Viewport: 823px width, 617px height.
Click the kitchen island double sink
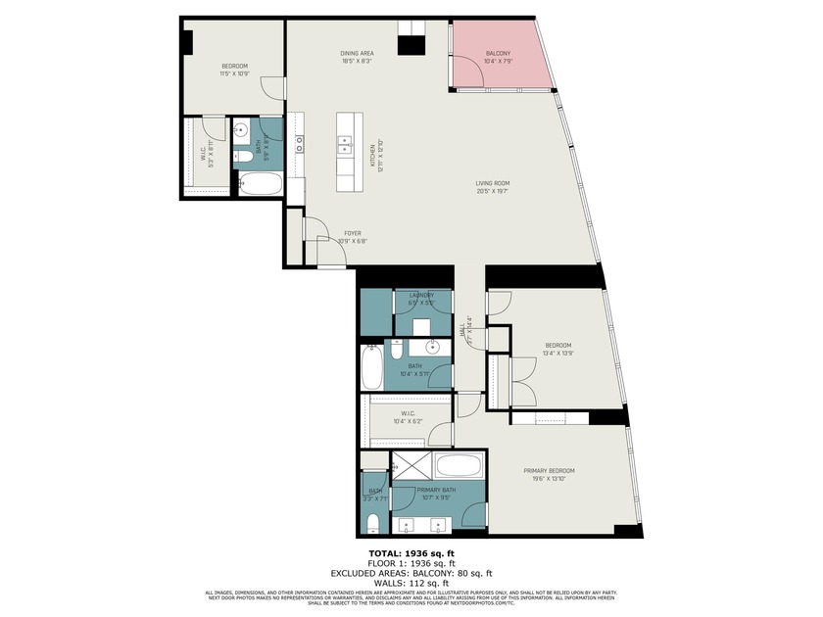tap(345, 145)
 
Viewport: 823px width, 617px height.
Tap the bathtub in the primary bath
tap(458, 465)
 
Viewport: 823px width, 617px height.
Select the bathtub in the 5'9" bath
tap(260, 184)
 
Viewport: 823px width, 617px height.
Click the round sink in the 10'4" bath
tap(432, 347)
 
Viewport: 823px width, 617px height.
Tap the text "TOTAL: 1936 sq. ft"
tap(411, 553)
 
